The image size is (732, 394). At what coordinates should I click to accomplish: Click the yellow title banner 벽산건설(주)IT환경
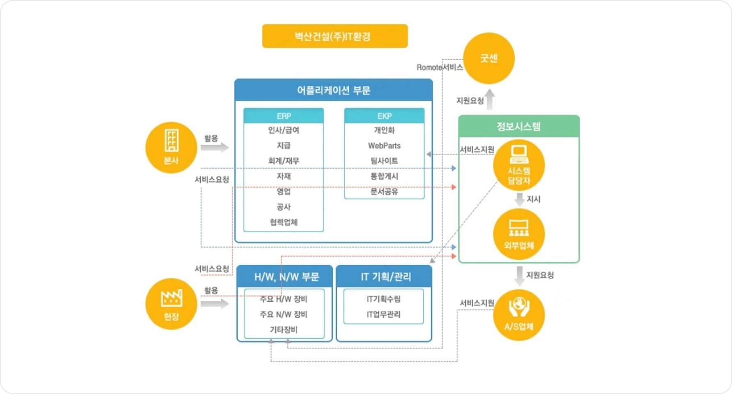(x=335, y=36)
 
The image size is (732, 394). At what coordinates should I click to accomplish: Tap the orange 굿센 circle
(x=489, y=58)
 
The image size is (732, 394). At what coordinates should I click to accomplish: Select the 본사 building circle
(x=171, y=147)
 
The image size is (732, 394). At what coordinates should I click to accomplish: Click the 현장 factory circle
(x=171, y=304)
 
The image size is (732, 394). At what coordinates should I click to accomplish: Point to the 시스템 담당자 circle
(x=519, y=165)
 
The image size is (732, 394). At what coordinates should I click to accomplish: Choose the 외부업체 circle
(x=519, y=234)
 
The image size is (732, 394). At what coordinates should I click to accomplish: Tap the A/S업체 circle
(x=519, y=315)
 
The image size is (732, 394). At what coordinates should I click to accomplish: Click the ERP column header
(x=284, y=116)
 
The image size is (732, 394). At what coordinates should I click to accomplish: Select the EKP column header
(x=384, y=116)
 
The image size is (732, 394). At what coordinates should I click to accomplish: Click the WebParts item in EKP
(x=384, y=146)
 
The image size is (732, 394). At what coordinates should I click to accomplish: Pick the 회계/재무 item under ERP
(x=284, y=161)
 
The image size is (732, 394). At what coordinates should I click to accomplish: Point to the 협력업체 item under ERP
(x=284, y=222)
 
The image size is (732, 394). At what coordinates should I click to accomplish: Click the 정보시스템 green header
(x=519, y=126)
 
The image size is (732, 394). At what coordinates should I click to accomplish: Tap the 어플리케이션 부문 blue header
(x=334, y=90)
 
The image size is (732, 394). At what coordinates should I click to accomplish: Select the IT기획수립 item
(x=384, y=299)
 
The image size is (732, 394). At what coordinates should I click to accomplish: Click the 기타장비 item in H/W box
(x=284, y=330)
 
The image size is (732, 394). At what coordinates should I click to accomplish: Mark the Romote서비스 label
(x=440, y=67)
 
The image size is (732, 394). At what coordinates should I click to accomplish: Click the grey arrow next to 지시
(x=519, y=199)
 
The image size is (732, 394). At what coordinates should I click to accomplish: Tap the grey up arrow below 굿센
(x=490, y=99)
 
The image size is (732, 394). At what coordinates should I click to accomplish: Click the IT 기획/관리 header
(x=386, y=277)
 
